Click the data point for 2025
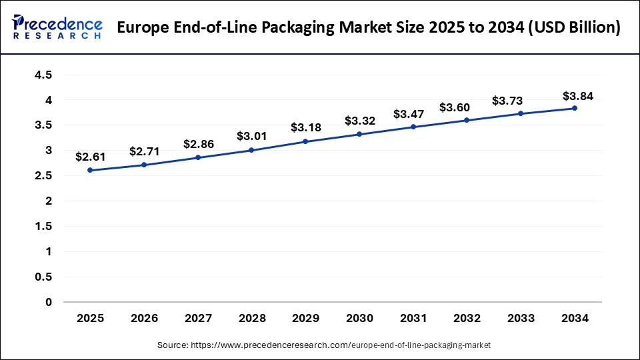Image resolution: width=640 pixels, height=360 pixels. (90, 170)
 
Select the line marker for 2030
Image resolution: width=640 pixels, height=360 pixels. (359, 134)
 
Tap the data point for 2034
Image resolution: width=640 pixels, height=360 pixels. (574, 108)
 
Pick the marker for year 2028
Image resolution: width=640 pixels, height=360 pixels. (251, 150)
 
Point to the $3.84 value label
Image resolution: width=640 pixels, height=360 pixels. (578, 95)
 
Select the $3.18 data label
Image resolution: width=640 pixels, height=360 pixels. (305, 127)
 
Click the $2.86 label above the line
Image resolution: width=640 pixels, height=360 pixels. (198, 143)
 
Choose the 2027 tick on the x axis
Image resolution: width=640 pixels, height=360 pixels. (198, 319)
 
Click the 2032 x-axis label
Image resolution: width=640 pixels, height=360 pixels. (467, 319)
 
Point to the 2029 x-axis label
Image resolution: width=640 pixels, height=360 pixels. (305, 319)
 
